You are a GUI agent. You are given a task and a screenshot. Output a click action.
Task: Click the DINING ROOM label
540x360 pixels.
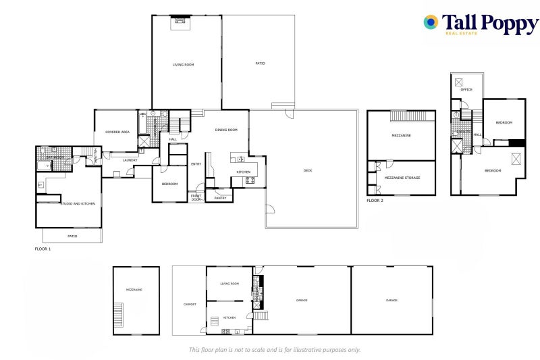tap(226, 130)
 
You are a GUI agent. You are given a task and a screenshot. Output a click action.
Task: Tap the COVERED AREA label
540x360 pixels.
tap(117, 132)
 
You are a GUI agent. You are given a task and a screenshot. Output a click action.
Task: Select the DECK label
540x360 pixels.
tap(308, 170)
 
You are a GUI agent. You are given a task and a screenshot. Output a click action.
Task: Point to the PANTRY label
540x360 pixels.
tap(220, 198)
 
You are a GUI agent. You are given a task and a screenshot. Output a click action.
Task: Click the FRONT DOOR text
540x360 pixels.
tap(196, 198)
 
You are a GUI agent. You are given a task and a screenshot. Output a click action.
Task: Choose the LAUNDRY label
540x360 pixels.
tap(130, 160)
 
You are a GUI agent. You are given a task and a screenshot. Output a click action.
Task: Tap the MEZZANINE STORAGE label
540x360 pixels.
tap(402, 178)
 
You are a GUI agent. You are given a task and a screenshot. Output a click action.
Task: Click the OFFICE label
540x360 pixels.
tap(466, 89)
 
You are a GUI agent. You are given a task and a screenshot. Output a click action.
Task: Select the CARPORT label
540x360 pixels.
tap(190, 304)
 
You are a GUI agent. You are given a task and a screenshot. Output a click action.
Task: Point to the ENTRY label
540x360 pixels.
tap(196, 163)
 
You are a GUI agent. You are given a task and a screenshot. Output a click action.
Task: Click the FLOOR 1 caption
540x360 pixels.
tap(43, 249)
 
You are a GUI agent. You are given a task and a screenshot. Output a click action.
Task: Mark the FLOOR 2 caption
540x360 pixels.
tap(375, 201)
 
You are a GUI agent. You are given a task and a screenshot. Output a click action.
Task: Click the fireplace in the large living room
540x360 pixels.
tap(180, 20)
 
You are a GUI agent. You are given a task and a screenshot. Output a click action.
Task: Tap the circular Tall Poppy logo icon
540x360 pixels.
tap(431, 22)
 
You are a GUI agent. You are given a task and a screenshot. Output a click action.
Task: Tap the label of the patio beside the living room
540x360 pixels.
tap(260, 63)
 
